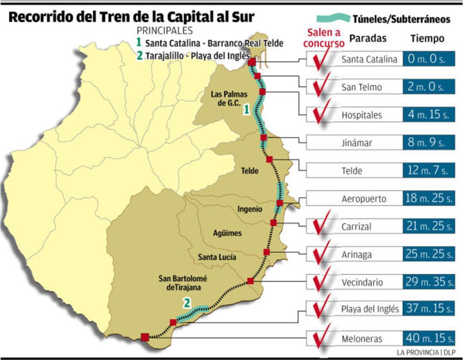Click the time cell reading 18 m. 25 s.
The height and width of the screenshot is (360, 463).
[x=428, y=199]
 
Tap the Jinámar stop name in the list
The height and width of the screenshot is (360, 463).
[x=357, y=143]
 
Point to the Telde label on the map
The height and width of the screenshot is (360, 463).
[x=249, y=171]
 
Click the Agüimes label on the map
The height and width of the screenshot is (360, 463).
[x=227, y=233]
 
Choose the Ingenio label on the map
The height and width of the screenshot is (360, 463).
[x=250, y=209]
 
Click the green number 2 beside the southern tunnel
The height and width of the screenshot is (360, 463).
[x=187, y=303]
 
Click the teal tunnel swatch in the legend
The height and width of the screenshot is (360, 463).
[x=333, y=18]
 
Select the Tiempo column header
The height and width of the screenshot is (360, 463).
[x=427, y=39]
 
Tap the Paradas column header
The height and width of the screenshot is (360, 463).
[x=367, y=39]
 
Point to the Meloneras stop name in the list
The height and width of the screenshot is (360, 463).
[x=362, y=339]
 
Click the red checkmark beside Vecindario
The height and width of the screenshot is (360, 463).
[x=321, y=279]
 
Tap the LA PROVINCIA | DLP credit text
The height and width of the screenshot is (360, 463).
[x=426, y=352]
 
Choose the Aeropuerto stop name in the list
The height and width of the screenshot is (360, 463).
[x=363, y=199]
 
